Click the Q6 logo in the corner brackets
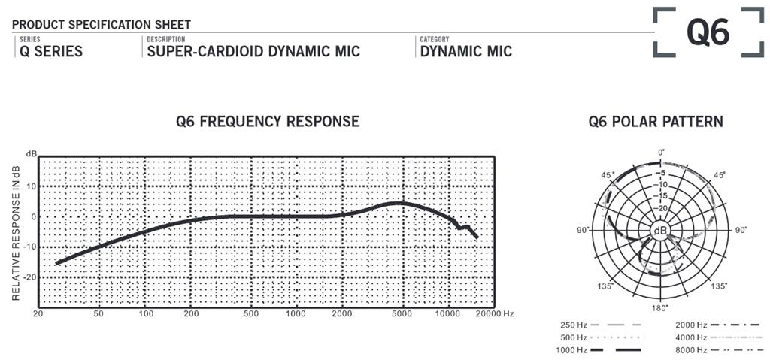[x=708, y=32]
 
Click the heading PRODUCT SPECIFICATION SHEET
[x=102, y=25]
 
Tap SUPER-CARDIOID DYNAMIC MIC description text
[x=253, y=52]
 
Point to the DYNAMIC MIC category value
[x=466, y=52]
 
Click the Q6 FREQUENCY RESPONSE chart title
[x=268, y=121]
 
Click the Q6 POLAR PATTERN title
[x=656, y=121]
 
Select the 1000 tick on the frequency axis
[x=296, y=313]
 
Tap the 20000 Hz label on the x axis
[x=496, y=313]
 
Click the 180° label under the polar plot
[x=659, y=307]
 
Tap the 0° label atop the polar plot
[x=661, y=153]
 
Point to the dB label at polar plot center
[x=660, y=230]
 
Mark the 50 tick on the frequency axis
[x=99, y=313]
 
